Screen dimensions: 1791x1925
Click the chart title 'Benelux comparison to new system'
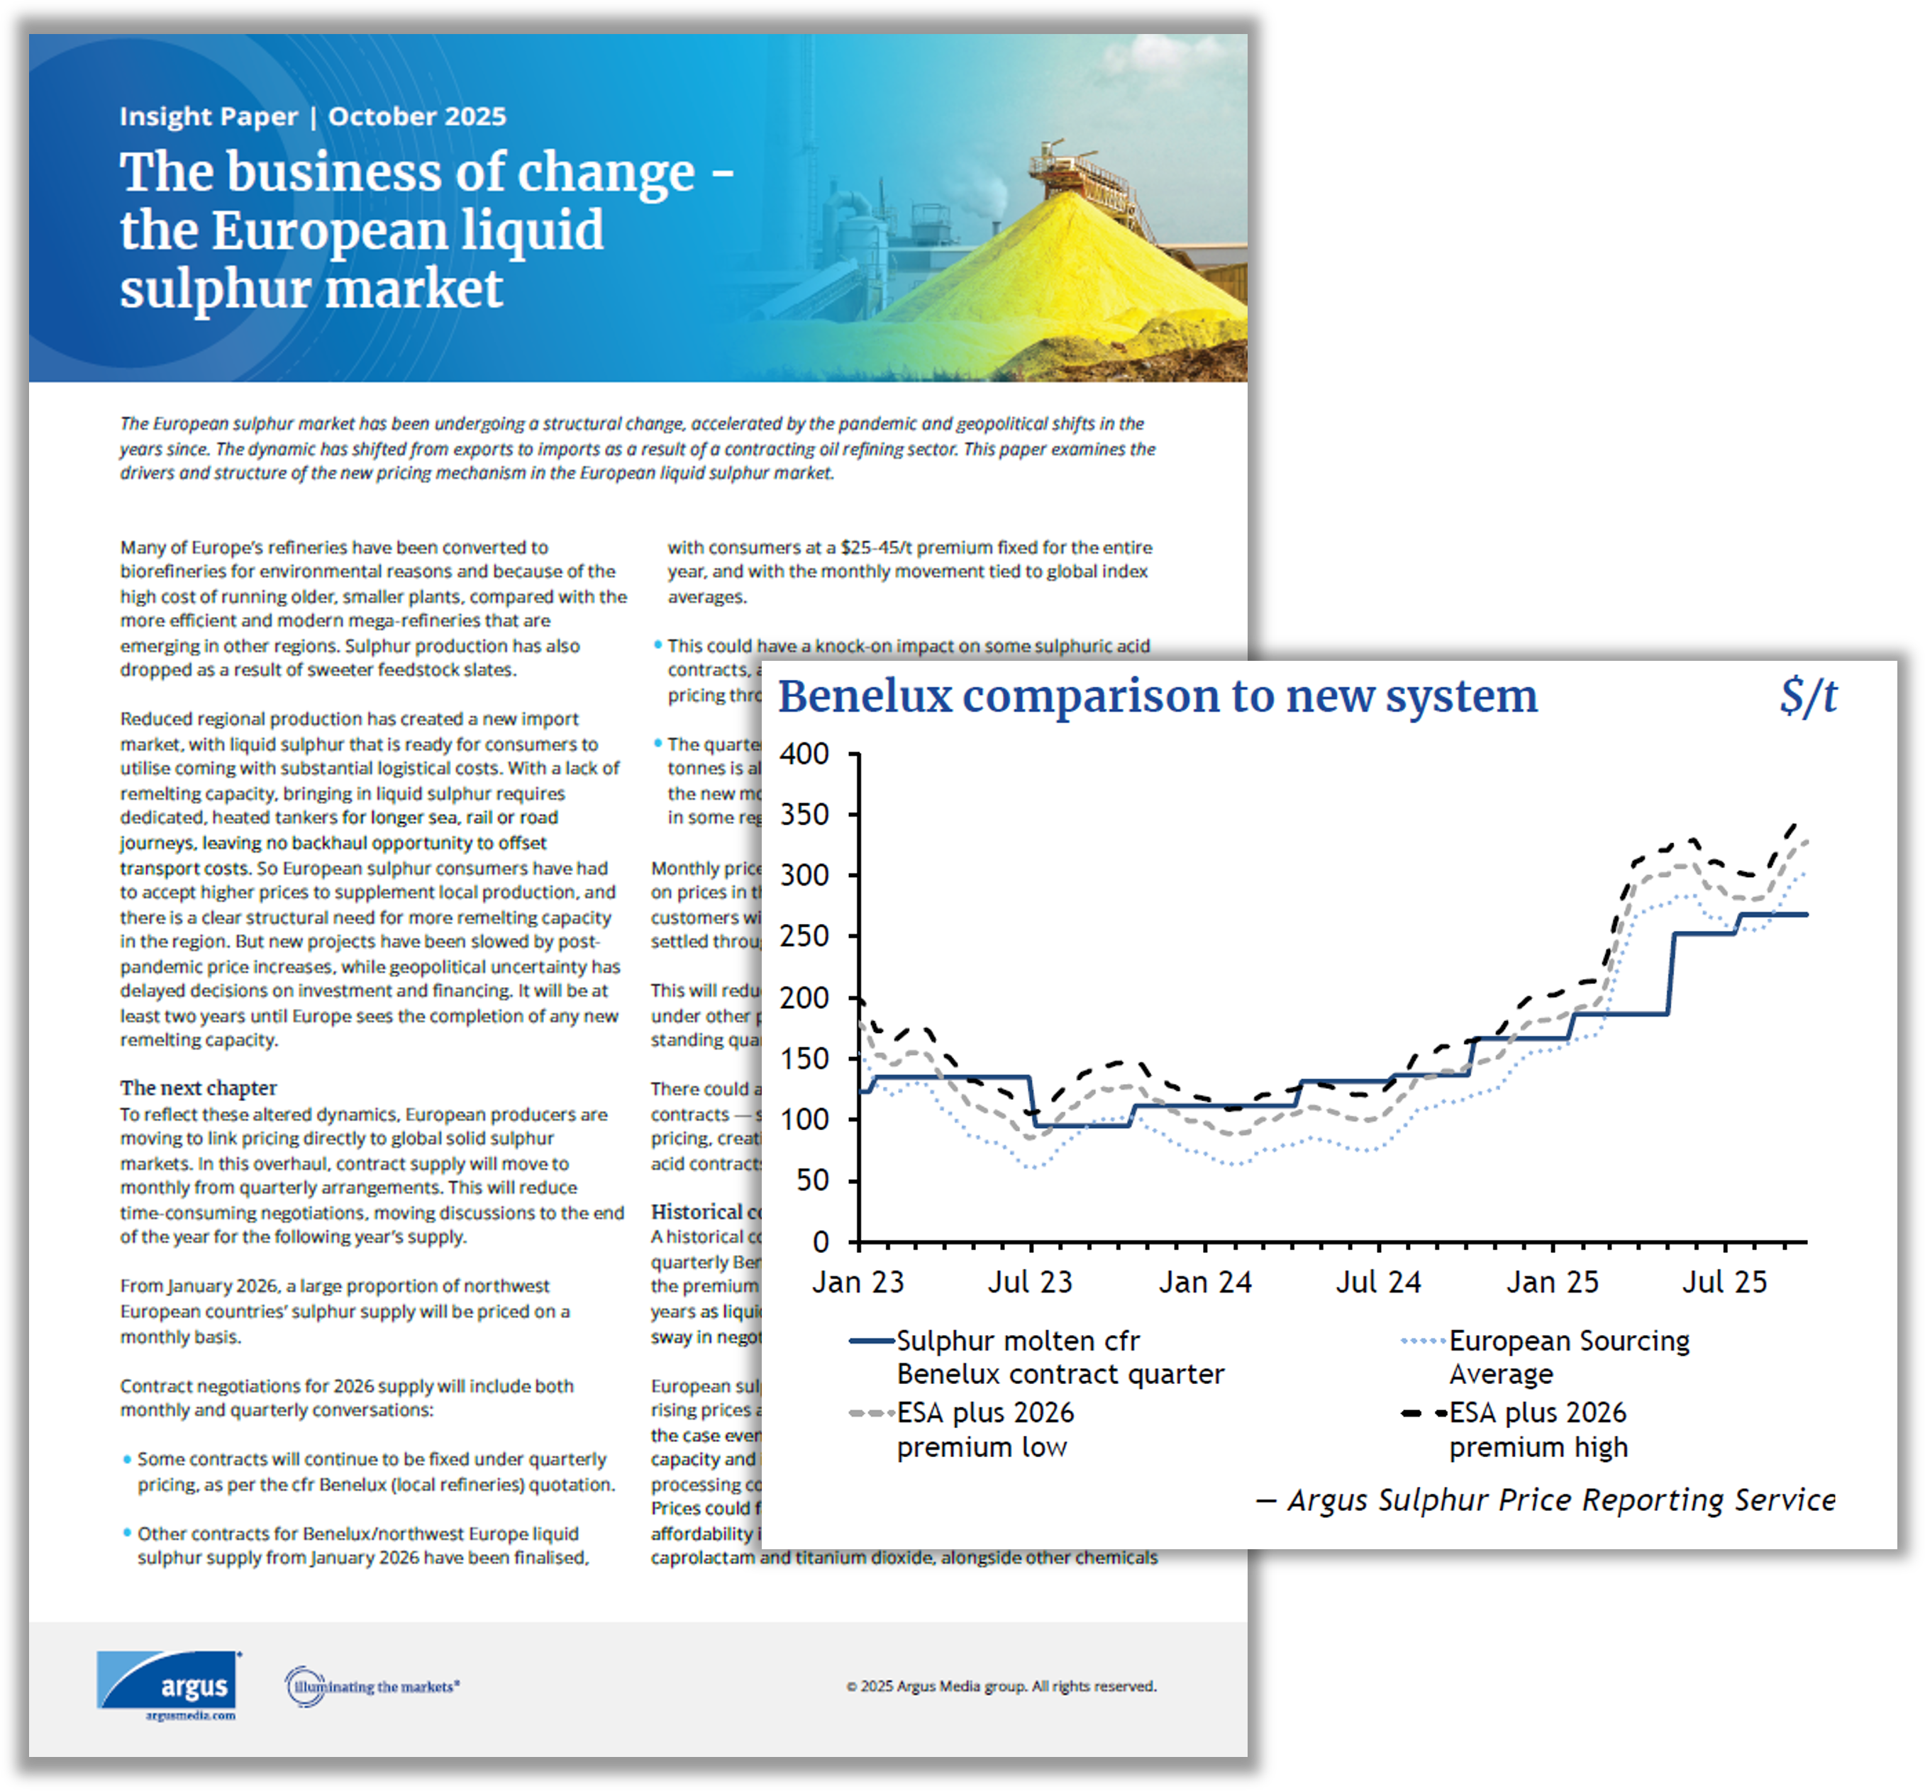(x=1157, y=697)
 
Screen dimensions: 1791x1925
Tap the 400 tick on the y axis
(x=804, y=754)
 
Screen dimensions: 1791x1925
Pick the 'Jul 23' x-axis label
(x=1031, y=1283)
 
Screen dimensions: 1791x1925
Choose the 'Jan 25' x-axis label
(x=1552, y=1283)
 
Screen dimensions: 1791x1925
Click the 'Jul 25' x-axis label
(x=1724, y=1283)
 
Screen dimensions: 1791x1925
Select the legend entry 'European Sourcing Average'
(x=1569, y=1357)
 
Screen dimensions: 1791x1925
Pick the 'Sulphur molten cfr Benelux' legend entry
(x=1060, y=1357)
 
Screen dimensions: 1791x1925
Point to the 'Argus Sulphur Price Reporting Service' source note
(x=1560, y=1500)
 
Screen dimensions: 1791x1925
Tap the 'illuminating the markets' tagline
(x=373, y=1687)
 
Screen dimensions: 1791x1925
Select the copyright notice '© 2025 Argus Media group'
(x=1002, y=1687)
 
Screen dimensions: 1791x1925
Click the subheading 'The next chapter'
(x=199, y=1088)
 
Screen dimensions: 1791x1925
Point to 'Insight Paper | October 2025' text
(x=313, y=116)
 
